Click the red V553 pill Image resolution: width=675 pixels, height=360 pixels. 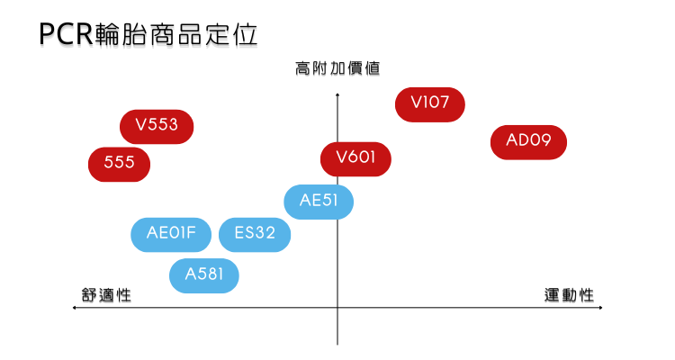pos(157,127)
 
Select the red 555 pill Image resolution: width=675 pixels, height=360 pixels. pos(119,165)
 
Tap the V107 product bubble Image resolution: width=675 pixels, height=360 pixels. pos(430,104)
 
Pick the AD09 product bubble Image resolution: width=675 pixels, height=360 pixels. pos(528,142)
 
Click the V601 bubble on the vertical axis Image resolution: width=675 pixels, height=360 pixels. pos(355,159)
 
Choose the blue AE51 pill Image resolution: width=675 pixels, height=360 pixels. pos(319,202)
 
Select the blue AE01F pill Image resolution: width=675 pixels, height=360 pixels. pos(171,235)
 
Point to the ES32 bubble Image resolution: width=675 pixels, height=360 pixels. pos(255,235)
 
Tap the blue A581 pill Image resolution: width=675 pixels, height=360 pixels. pos(204,275)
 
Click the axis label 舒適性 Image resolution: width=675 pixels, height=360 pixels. pos(106,295)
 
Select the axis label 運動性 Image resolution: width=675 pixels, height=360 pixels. pos(569,295)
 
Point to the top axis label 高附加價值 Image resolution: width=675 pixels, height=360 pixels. pos(337,68)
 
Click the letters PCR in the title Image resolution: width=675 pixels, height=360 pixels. pos(67,34)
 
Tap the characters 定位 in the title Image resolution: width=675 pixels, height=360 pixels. pos(231,34)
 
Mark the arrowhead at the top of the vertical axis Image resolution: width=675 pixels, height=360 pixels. pos(337,94)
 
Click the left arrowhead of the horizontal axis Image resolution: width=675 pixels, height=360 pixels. pos(74,308)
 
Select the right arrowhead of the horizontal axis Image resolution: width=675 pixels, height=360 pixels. pos(601,308)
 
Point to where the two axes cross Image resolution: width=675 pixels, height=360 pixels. pos(337,308)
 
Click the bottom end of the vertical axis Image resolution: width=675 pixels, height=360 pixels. pos(337,345)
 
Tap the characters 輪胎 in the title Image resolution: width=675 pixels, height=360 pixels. pos(121,34)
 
